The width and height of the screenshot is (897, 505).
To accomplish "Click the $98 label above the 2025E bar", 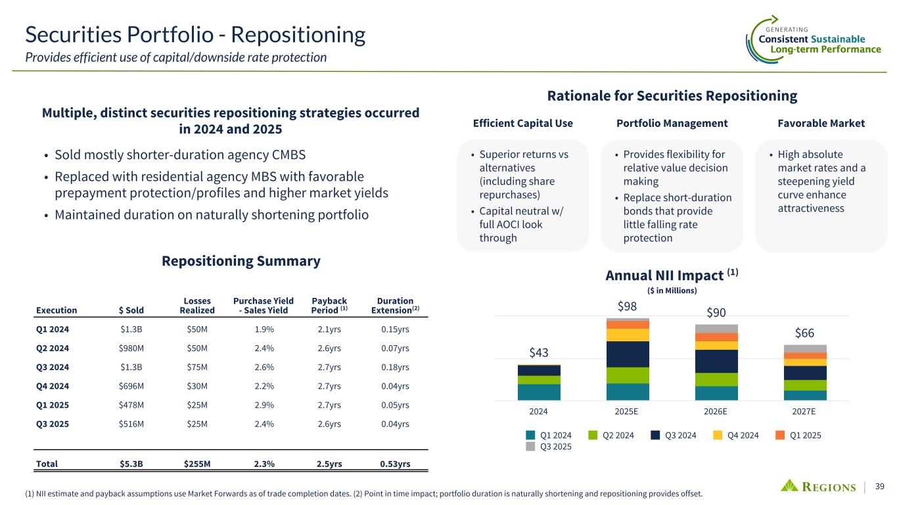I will pyautogui.click(x=627, y=306).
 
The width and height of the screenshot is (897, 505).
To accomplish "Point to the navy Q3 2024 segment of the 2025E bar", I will pyautogui.click(x=628, y=354).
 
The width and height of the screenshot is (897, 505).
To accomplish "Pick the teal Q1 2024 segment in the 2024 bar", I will pyautogui.click(x=539, y=392).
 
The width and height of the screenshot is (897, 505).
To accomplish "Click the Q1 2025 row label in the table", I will pyautogui.click(x=53, y=405).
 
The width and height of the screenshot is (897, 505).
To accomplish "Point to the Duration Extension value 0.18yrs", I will pyautogui.click(x=395, y=367).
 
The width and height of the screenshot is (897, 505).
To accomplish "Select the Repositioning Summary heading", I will pyautogui.click(x=241, y=261).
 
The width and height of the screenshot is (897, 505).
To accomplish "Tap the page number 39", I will pyautogui.click(x=880, y=487).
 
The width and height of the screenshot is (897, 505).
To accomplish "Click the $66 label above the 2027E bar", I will pyautogui.click(x=804, y=333).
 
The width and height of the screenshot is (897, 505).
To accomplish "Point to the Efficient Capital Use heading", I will pyautogui.click(x=523, y=123).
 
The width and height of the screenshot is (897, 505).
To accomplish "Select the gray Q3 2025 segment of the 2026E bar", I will pyautogui.click(x=716, y=329).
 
